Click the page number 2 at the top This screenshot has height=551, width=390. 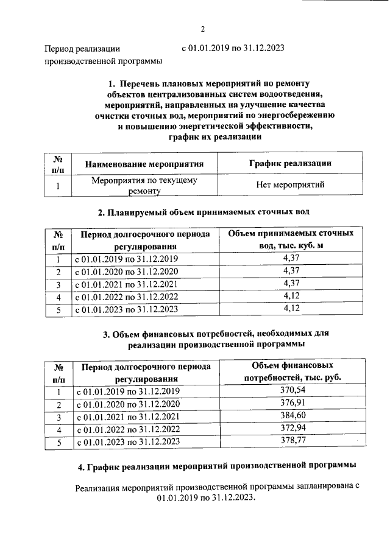click(204, 29)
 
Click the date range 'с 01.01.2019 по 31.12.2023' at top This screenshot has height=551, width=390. click(233, 47)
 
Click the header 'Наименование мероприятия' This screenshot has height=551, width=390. click(144, 164)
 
